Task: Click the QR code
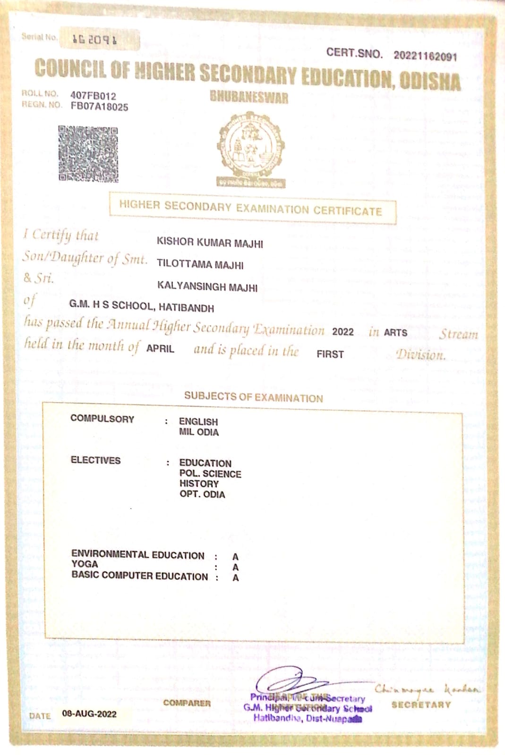point(88,154)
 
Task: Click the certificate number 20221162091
point(425,56)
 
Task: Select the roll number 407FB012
point(93,96)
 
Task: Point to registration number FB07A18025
point(99,107)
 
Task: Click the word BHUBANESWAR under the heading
point(249,97)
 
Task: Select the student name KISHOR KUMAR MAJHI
point(210,243)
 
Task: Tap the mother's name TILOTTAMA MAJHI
point(200,265)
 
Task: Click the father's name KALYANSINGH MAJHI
point(207,287)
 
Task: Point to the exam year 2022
point(343,332)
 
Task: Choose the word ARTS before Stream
point(395,333)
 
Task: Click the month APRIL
point(160,349)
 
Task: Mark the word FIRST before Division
point(330,354)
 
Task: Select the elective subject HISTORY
point(199,484)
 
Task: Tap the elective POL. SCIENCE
point(210,474)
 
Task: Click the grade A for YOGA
point(235,567)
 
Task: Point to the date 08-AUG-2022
point(89,714)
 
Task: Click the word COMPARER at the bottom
point(187,703)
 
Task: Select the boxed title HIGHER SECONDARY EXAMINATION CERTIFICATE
point(250,208)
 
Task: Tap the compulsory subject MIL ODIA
point(199,432)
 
